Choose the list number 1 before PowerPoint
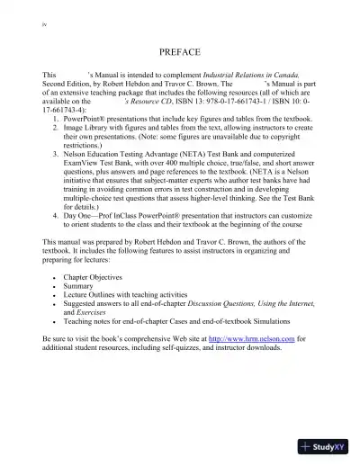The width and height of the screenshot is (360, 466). tap(56, 119)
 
